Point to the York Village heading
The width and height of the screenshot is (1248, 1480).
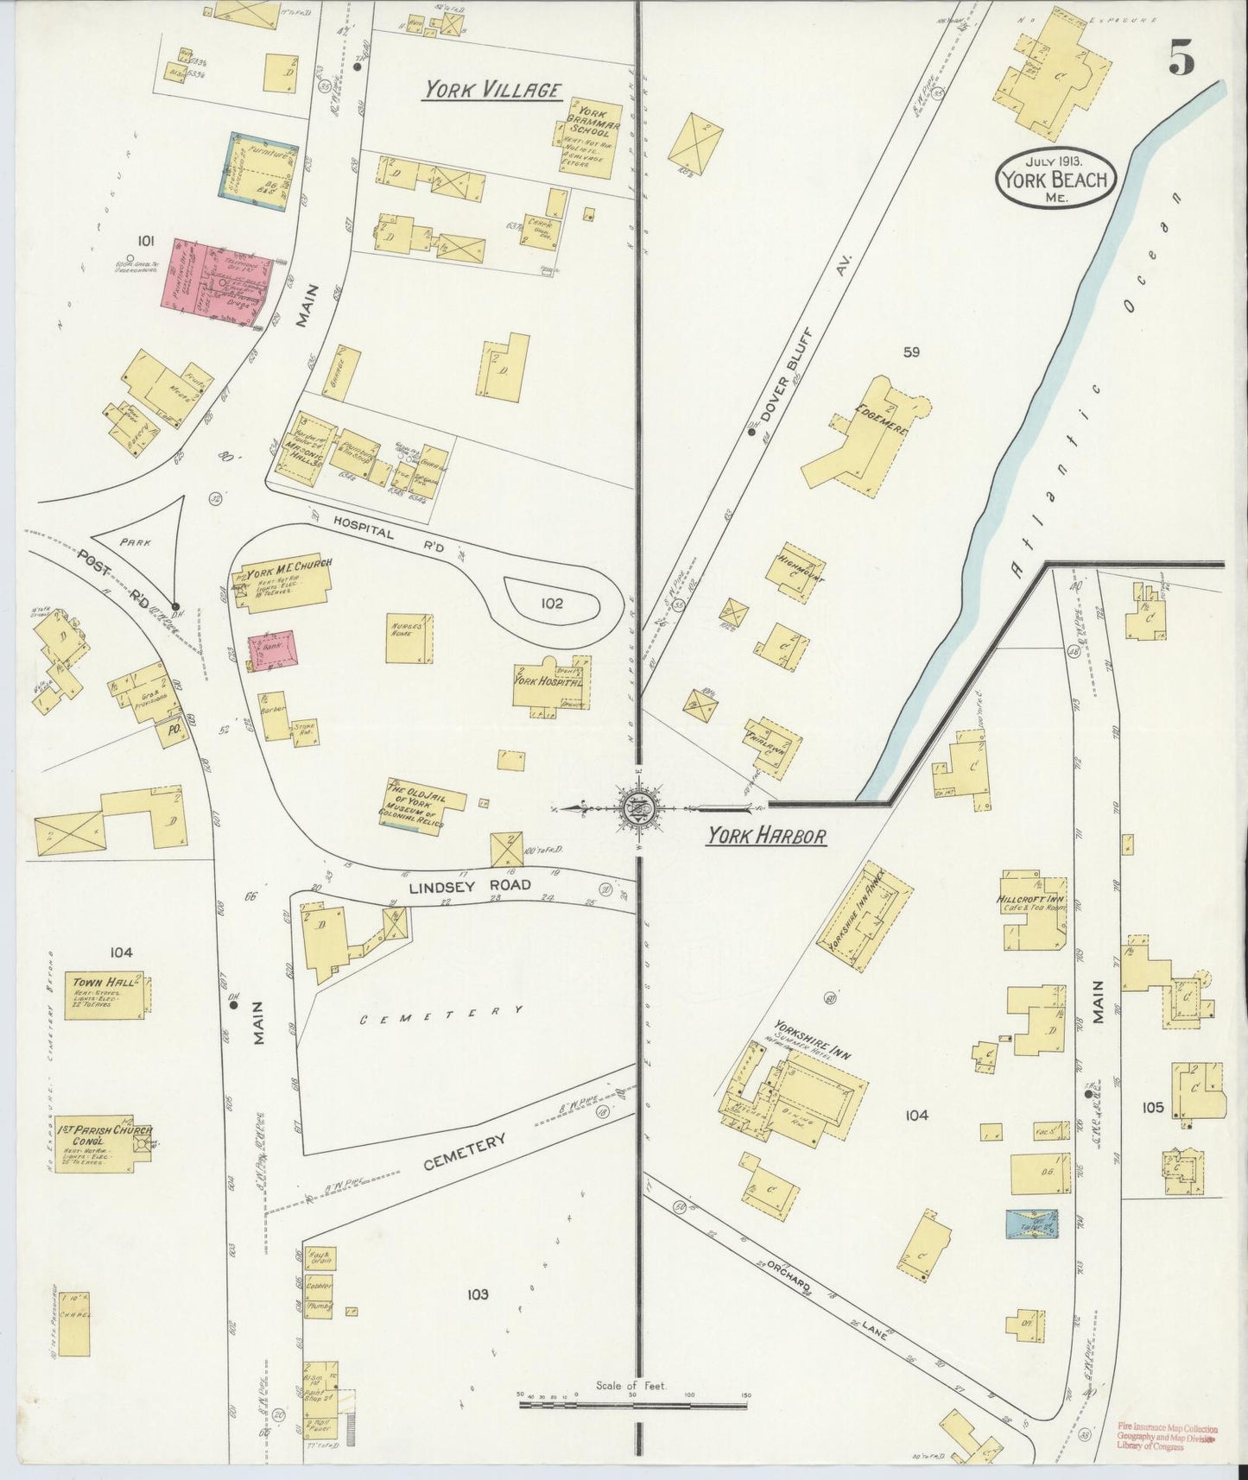pos(492,91)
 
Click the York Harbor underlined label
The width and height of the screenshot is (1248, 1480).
pos(766,836)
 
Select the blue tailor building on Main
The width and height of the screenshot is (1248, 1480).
pos(1032,1224)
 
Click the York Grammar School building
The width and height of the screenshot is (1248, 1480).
pos(587,138)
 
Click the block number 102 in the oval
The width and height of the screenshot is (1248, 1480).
pos(552,603)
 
